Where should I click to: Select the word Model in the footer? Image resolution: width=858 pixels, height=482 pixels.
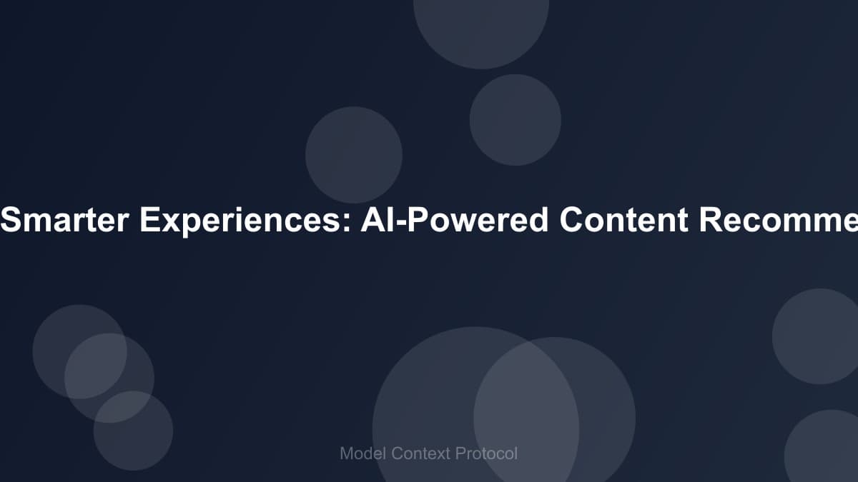[363, 453]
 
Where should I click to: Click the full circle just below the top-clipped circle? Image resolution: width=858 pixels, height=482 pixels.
[515, 119]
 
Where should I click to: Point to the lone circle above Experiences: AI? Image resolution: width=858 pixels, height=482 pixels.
[354, 154]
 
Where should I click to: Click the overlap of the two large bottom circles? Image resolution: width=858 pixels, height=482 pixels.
[527, 407]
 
